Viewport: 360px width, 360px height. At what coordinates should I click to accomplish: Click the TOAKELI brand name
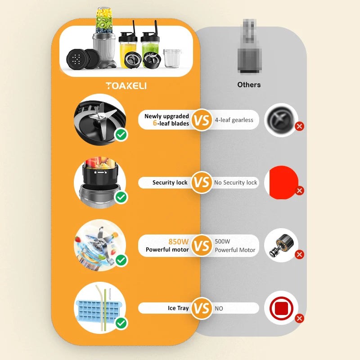[x=126, y=85]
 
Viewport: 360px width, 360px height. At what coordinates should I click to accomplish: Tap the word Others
[x=249, y=85]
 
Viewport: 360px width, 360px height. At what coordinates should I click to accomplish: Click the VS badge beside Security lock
[x=202, y=182]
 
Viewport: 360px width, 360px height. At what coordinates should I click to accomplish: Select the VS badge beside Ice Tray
[x=202, y=308]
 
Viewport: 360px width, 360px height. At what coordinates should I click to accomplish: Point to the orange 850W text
[x=178, y=242]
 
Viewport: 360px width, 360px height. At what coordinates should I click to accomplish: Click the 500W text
[x=222, y=241]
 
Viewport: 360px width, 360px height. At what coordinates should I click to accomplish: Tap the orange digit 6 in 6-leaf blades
[x=155, y=123]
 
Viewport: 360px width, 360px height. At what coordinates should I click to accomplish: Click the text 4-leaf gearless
[x=234, y=120]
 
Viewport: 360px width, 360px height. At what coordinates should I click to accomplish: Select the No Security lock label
[x=235, y=183]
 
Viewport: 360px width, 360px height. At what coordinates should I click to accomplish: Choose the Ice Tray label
[x=178, y=308]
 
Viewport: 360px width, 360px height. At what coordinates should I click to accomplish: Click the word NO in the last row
[x=219, y=308]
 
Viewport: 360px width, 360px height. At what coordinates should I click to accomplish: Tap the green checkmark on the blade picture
[x=121, y=135]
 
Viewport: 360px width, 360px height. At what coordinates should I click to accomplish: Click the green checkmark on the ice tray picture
[x=121, y=323]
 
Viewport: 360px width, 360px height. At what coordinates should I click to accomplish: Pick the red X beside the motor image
[x=299, y=254]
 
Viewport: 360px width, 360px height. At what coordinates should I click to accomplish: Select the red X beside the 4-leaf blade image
[x=299, y=126]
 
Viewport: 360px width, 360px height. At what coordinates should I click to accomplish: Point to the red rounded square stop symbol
[x=281, y=308]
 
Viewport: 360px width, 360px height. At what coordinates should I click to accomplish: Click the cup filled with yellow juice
[x=128, y=52]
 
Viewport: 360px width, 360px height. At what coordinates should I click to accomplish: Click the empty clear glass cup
[x=172, y=58]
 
